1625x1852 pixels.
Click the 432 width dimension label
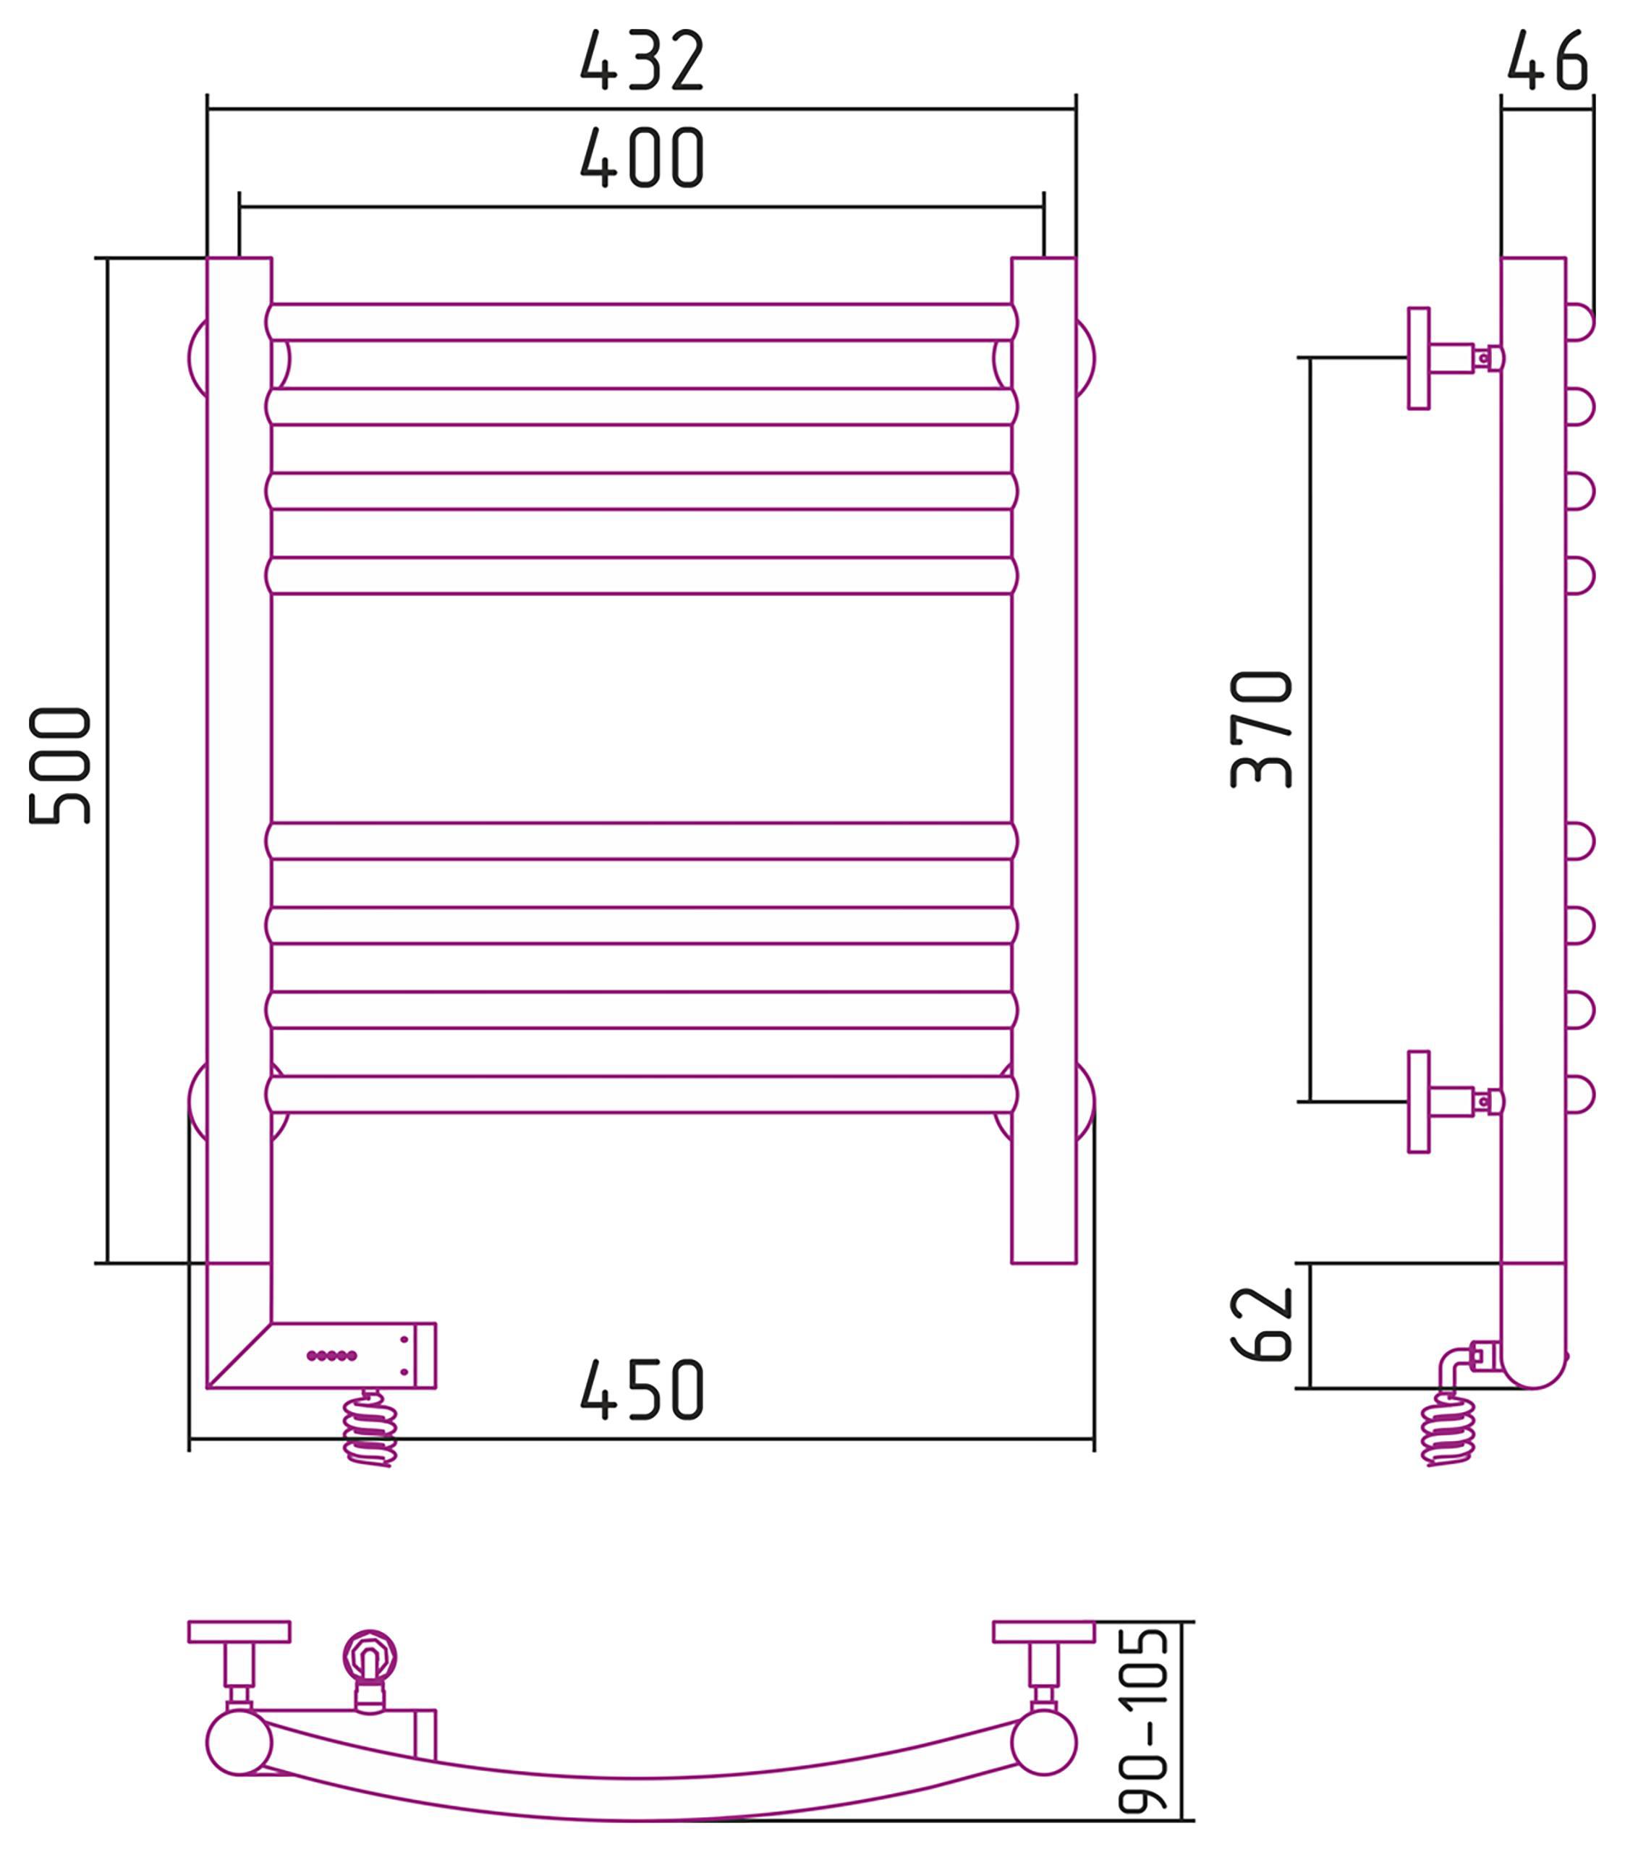(x=642, y=61)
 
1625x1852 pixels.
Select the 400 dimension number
(x=642, y=158)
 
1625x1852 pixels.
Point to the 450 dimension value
(x=642, y=1389)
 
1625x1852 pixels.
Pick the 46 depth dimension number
(x=1548, y=61)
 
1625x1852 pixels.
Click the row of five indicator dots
(x=331, y=1356)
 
